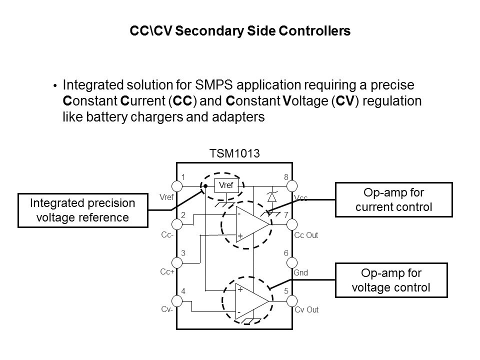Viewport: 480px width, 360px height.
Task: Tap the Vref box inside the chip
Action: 226,185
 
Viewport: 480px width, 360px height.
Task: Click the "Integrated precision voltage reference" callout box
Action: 83,210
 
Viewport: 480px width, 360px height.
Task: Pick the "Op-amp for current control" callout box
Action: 393,200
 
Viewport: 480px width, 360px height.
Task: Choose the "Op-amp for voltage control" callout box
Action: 393,280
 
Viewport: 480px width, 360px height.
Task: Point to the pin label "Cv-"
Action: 166,309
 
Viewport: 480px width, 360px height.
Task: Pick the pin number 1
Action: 183,177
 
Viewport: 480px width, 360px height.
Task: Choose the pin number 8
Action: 286,177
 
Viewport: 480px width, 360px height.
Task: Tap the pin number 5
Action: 286,290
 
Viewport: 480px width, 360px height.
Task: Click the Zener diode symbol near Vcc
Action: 272,196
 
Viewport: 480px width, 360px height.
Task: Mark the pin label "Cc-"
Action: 167,235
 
